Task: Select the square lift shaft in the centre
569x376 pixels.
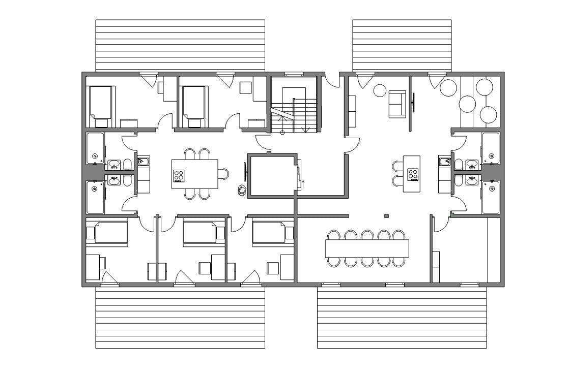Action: click(271, 175)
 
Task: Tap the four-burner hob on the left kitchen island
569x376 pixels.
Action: click(179, 175)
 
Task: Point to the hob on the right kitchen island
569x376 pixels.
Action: click(413, 174)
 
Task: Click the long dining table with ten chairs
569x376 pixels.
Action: click(367, 248)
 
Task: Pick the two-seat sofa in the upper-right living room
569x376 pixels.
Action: click(397, 104)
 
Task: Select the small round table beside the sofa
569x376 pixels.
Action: click(380, 90)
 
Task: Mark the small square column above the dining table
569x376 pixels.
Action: click(387, 216)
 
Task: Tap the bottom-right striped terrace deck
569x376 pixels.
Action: click(402, 318)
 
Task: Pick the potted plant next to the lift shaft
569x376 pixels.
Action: click(242, 190)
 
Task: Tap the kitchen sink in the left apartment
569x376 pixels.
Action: click(143, 162)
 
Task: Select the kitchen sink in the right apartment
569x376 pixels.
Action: click(444, 162)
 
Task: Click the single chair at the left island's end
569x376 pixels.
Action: click(224, 174)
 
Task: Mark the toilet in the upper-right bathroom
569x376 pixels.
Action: click(459, 164)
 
